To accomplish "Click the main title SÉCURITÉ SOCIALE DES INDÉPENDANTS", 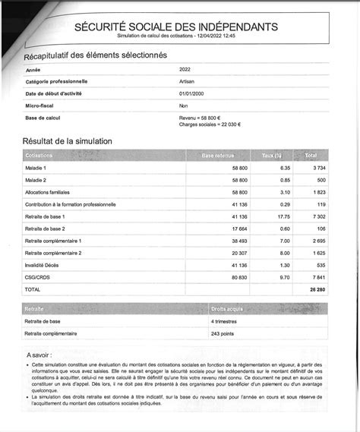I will point(176,27).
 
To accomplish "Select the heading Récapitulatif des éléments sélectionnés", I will point(95,55).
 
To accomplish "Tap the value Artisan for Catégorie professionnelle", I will point(188,81).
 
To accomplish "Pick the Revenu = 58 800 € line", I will point(200,118).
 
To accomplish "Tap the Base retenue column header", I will point(219,156).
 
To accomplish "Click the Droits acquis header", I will point(228,310).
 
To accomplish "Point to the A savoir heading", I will point(40,355).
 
